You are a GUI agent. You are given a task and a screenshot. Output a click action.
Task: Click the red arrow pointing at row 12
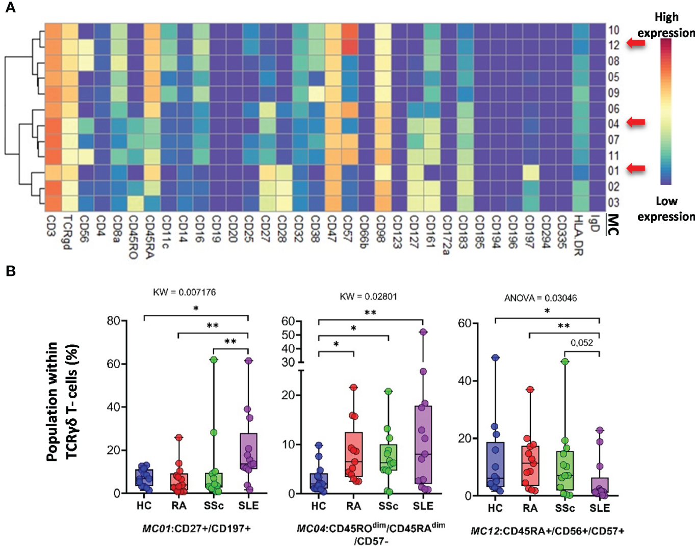coord(635,44)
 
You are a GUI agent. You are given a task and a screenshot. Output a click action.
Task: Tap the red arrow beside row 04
coord(635,122)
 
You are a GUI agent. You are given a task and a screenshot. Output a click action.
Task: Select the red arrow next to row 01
coord(635,168)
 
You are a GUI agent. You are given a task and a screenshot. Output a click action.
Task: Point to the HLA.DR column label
coord(578,235)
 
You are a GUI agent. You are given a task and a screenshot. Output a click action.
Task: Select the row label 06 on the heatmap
coord(613,108)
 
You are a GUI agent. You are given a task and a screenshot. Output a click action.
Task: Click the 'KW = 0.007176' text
coord(184,292)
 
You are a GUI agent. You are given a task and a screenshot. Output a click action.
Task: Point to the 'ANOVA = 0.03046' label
coord(540,298)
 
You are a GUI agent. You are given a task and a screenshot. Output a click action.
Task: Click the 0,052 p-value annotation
coord(582,343)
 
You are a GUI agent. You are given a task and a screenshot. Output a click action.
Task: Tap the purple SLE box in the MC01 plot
coord(248,451)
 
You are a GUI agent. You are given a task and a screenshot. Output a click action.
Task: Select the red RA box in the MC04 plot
coord(353,454)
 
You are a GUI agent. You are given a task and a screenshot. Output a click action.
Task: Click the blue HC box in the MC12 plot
coord(495,463)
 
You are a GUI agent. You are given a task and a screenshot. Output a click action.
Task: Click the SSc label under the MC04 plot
coord(388,506)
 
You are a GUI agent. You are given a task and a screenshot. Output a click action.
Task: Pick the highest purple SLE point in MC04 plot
coord(423,332)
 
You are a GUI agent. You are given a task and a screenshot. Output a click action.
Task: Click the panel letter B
coord(10,271)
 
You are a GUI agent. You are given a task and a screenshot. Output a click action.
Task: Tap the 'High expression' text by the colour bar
coord(666,25)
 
